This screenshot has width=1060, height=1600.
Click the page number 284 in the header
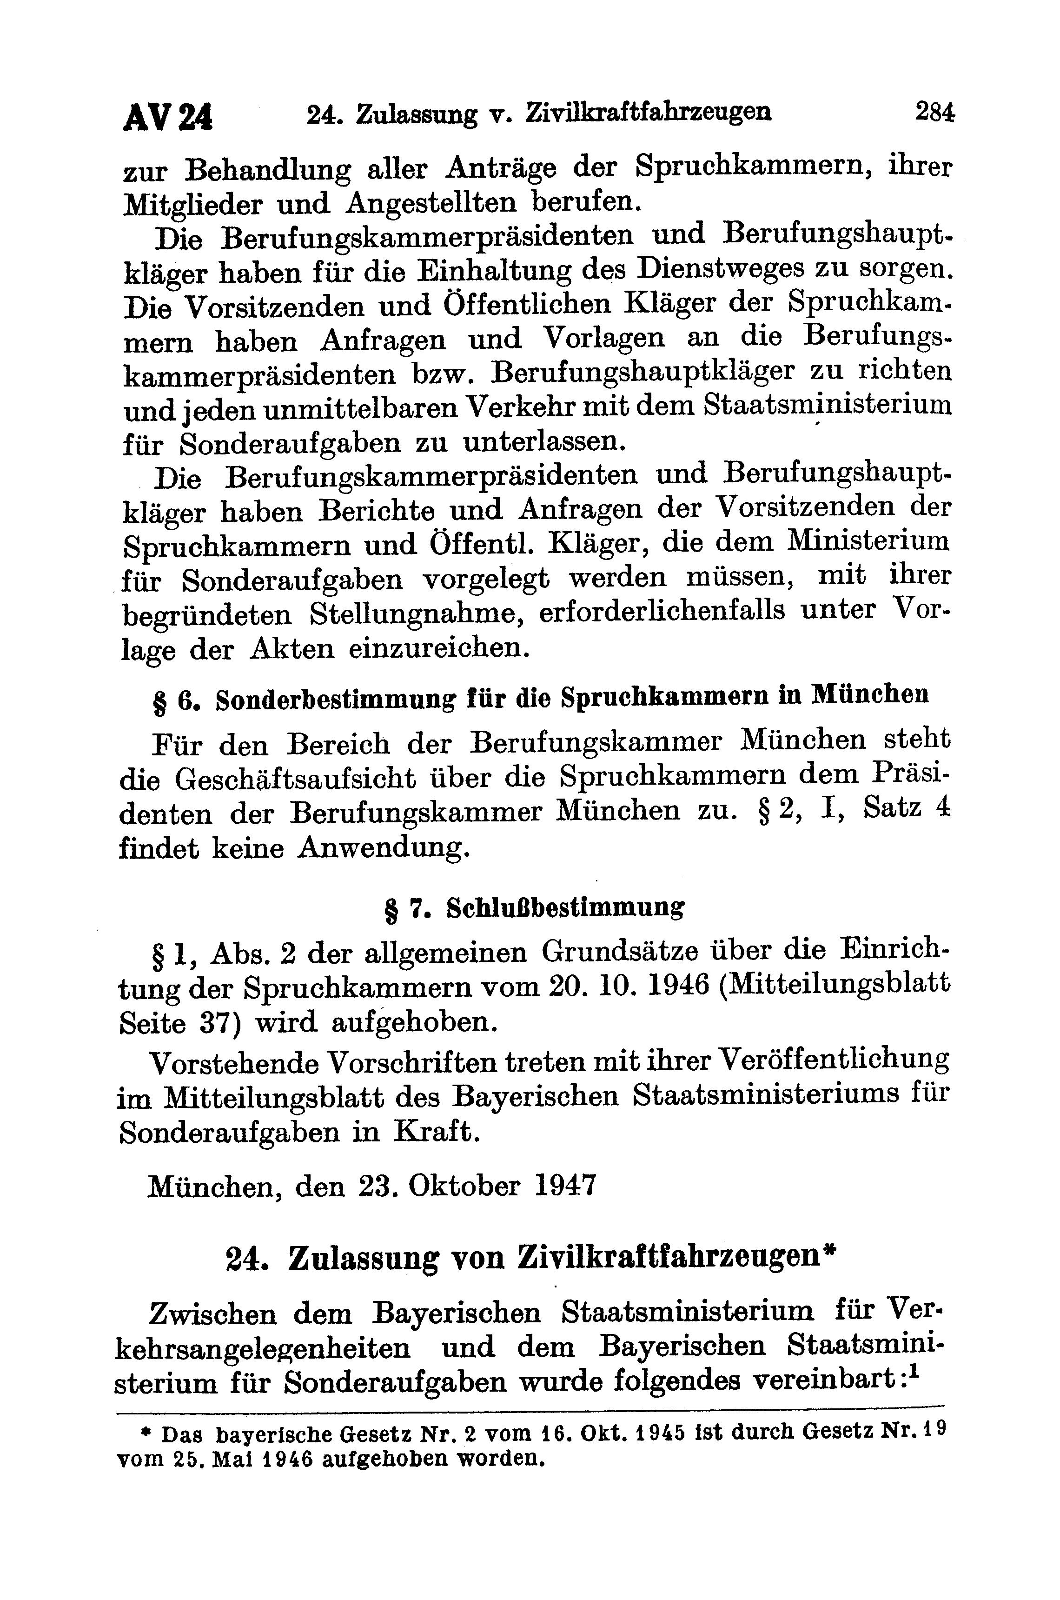point(935,111)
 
